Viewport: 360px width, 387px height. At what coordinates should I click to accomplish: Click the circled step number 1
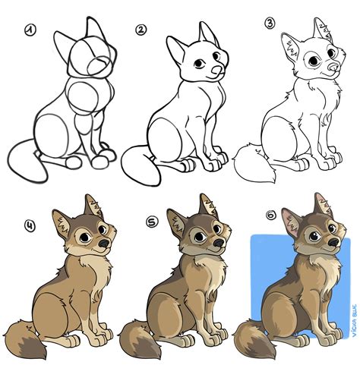point(30,31)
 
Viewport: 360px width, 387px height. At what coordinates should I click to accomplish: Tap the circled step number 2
point(141,31)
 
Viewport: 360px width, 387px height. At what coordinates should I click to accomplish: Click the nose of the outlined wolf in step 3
point(331,70)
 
